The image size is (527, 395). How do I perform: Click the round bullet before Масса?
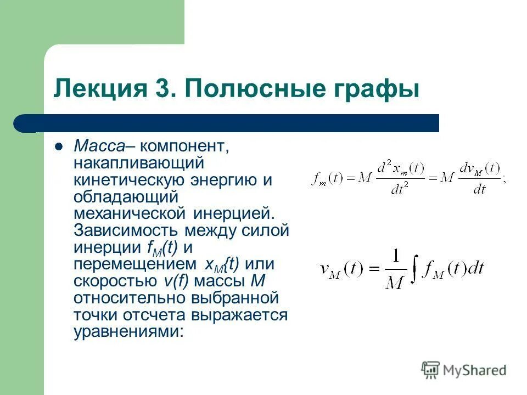coord(58,146)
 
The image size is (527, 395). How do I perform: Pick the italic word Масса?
coord(99,146)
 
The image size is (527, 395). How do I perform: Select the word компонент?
coord(182,146)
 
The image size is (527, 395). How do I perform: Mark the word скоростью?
coord(116,281)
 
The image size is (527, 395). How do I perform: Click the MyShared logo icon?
coord(431,370)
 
